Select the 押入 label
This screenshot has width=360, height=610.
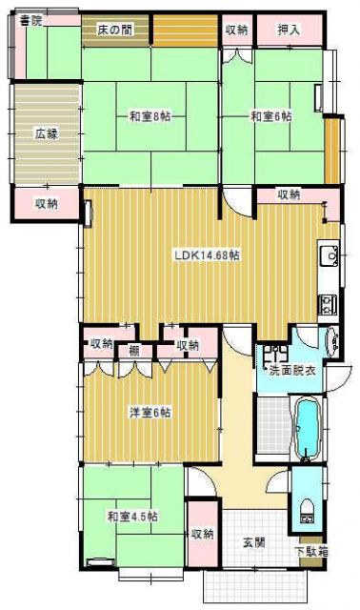[289, 30]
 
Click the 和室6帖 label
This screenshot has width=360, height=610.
[271, 117]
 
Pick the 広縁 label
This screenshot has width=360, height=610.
[47, 134]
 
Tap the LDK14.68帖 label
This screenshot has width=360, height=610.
[206, 255]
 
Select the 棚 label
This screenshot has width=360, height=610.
[135, 351]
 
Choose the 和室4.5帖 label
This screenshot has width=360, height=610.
[132, 517]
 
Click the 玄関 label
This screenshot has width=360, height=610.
[253, 542]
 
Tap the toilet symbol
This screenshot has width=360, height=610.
[309, 510]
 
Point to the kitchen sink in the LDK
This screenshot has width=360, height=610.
[330, 255]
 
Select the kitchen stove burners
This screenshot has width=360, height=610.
[329, 305]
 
